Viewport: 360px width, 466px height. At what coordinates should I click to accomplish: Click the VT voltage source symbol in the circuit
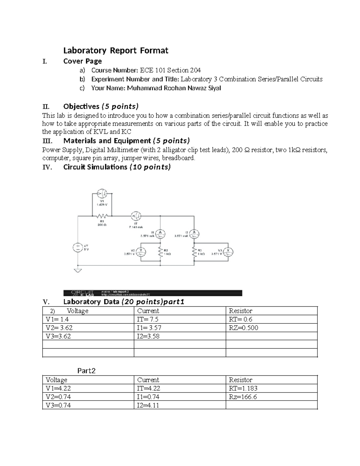click(78, 248)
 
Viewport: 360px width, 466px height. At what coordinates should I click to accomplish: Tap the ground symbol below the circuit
click(78, 270)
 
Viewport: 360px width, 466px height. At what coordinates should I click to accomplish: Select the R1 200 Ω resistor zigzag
click(102, 216)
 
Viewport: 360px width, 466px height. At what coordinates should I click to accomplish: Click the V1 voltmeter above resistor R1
click(102, 192)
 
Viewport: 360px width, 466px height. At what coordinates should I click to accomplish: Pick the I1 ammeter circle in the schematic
click(160, 233)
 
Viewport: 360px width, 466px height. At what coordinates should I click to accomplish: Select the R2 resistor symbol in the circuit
click(160, 252)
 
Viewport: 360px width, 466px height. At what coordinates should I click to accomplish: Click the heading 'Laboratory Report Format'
click(115, 50)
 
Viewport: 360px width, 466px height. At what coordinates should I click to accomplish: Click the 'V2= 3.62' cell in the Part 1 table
click(59, 328)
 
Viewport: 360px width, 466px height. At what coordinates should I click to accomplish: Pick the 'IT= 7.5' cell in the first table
click(148, 319)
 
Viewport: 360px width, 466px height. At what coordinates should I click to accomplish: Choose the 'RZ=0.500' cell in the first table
click(243, 328)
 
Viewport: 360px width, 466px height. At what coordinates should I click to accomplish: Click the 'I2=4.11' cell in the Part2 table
click(148, 405)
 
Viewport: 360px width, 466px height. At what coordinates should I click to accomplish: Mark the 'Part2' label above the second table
click(86, 371)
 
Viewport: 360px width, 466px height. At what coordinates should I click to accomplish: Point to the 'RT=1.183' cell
click(243, 388)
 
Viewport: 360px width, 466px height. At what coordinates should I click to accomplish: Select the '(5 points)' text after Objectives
click(120, 107)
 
